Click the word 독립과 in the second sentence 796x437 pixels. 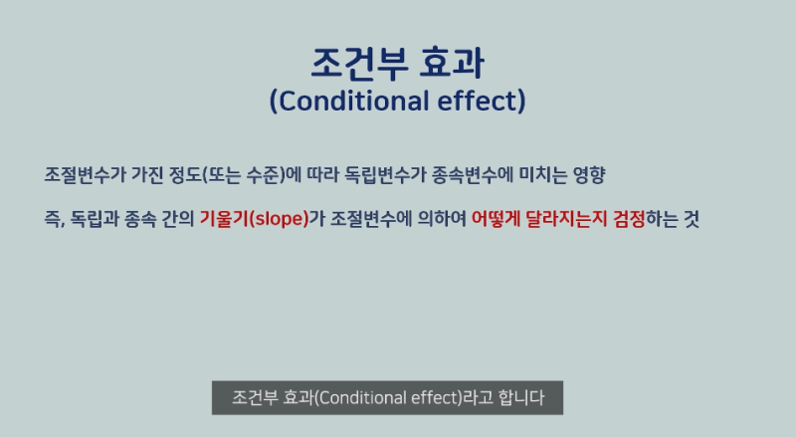[97, 219]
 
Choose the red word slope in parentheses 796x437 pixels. [276, 219]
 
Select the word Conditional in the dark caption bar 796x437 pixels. [362, 398]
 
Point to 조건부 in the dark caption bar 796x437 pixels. [255, 398]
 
